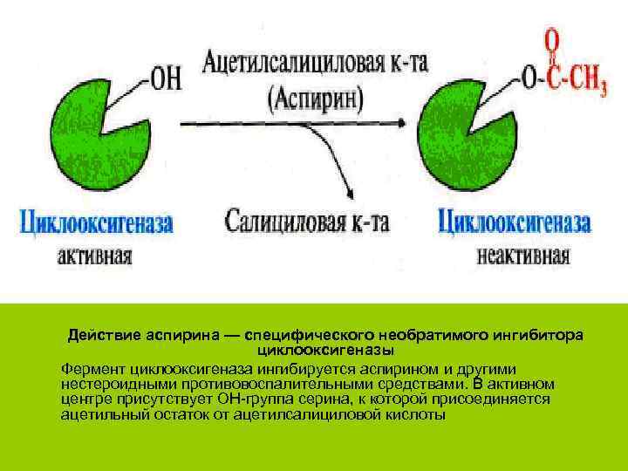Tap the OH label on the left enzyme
click(x=166, y=79)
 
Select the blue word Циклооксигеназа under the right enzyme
click(x=514, y=222)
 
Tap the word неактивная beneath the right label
click(x=523, y=256)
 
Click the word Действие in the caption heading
click(x=102, y=336)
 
